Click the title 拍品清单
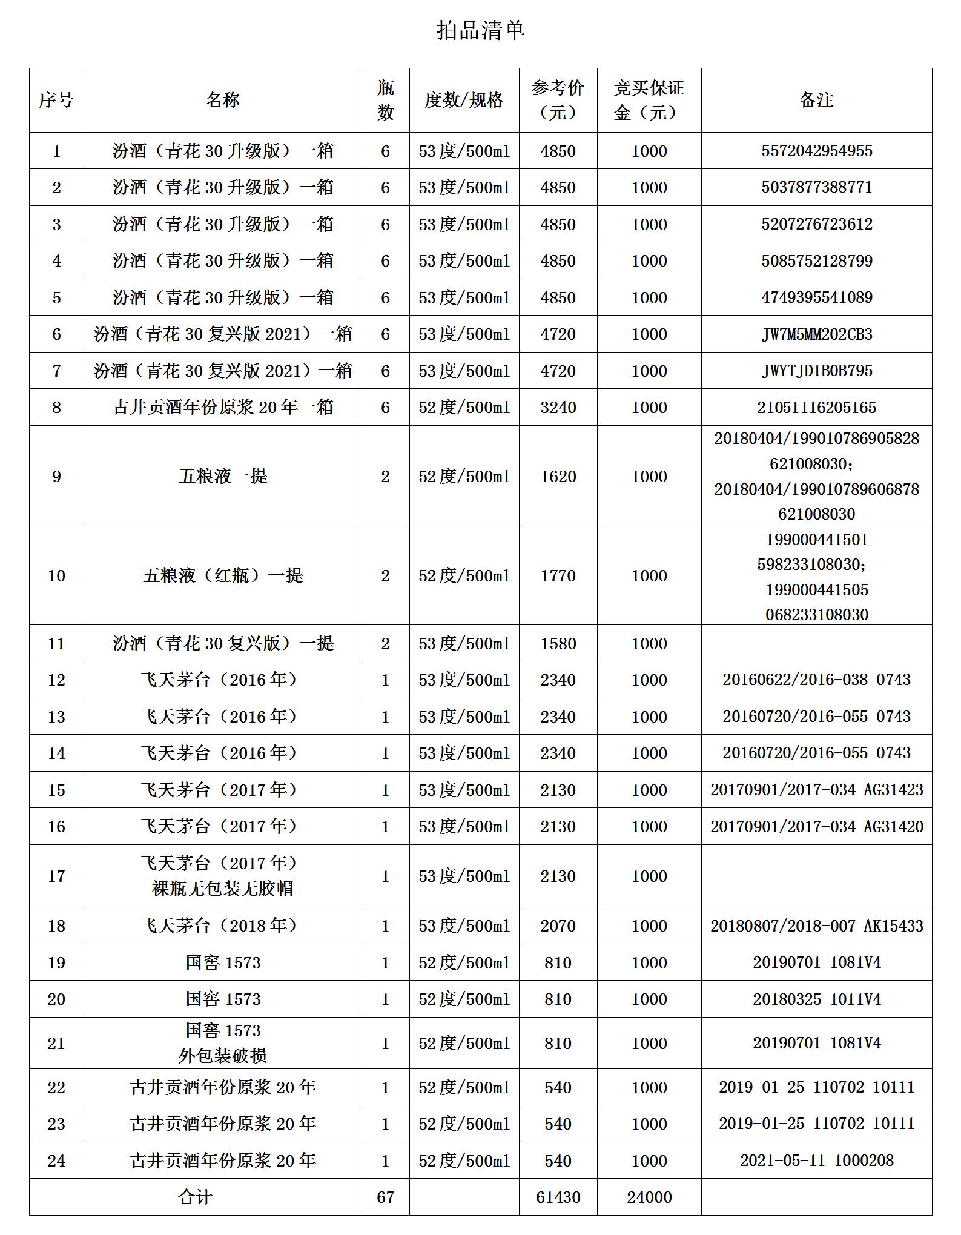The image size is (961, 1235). coord(480,30)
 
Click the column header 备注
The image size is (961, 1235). coord(816,100)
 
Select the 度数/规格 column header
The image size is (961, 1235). coord(464,100)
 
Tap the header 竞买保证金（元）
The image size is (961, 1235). coord(649,100)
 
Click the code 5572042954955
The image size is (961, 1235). coord(816,151)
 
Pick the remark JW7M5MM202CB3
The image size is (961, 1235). coord(816,334)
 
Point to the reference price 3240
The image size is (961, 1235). coord(558,407)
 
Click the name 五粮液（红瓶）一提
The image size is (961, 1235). coord(222,575)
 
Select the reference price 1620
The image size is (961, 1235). coord(558,476)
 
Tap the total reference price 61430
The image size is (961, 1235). coord(558,1197)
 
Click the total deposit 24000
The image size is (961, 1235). coord(649,1197)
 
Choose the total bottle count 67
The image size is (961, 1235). coord(385,1197)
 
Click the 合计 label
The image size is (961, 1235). coord(195,1197)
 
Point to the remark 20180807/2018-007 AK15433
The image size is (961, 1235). coord(816,925)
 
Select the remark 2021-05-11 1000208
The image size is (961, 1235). coord(816,1161)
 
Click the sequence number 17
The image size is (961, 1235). coord(56,876)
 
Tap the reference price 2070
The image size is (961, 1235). coord(558,925)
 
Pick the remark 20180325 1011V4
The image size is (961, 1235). coord(816,999)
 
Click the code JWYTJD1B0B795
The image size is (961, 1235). coord(816,371)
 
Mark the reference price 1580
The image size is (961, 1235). coord(558,643)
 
